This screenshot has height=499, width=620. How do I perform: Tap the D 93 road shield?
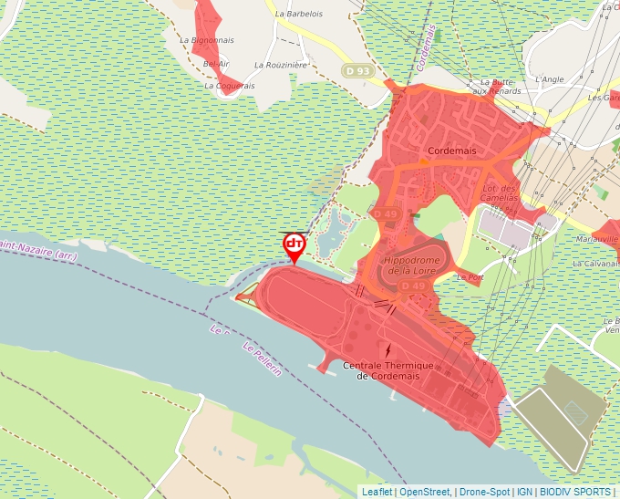tap(357, 70)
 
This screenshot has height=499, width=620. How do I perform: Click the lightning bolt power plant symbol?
tap(389, 350)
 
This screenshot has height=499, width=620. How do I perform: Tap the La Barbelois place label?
tap(299, 15)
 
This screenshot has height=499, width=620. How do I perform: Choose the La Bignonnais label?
tap(207, 40)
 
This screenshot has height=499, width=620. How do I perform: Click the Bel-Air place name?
tap(216, 64)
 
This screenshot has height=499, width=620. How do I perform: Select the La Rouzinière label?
tap(282, 65)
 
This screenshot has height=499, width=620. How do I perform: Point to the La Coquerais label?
tap(230, 86)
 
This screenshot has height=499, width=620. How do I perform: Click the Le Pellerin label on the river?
tap(261, 359)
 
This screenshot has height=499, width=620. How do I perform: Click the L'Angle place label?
tap(551, 79)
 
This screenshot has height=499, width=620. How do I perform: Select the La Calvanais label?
tap(595, 263)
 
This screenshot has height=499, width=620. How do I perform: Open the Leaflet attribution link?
tap(377, 492)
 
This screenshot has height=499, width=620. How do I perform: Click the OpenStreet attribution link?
tap(426, 492)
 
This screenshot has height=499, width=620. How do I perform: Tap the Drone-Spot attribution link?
tap(484, 492)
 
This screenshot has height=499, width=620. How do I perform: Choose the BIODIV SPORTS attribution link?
tap(574, 492)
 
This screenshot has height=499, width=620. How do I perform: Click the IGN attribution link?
tap(525, 492)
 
